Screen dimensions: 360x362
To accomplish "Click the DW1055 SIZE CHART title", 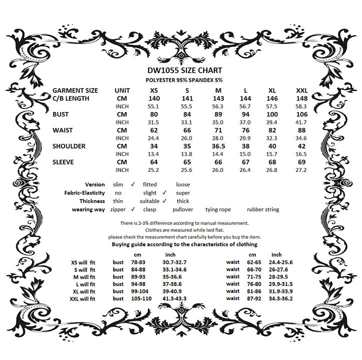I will click(185, 70).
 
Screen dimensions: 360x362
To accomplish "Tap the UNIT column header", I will click(122, 90).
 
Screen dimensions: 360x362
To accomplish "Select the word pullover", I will click(183, 209).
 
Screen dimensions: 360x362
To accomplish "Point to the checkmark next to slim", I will click(133, 184).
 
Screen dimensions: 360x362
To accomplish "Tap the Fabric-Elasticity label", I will click(85, 192).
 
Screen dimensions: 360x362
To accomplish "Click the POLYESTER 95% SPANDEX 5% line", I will click(185, 79).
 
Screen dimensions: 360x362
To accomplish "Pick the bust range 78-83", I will click(138, 262).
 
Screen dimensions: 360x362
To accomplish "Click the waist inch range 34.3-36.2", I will click(280, 298).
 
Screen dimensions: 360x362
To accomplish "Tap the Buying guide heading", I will click(184, 244).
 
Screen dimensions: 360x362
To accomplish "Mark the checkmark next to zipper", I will click(133, 209).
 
